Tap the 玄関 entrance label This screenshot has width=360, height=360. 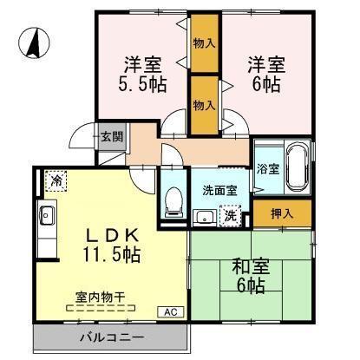110,136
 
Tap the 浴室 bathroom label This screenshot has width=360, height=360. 267,169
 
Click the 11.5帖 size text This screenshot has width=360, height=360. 101,256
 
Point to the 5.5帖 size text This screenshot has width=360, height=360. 144,84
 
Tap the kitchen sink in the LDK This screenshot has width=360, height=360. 47,215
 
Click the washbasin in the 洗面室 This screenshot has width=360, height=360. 205,216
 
